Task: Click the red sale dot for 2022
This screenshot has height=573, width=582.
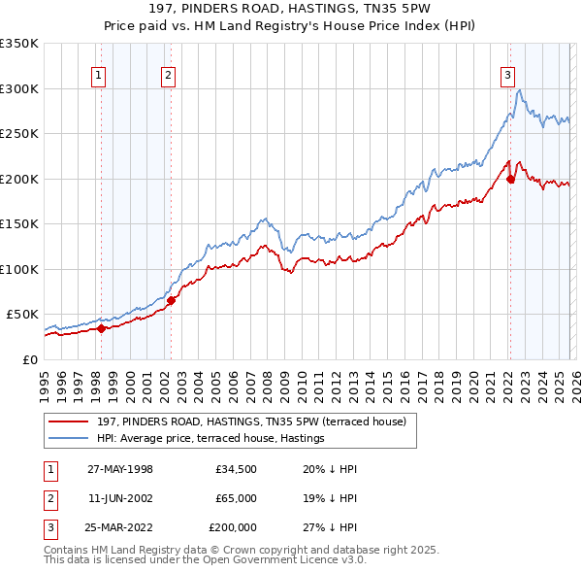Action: tap(510, 179)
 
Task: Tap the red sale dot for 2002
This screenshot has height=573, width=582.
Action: tap(171, 300)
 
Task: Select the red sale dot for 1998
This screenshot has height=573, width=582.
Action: tap(101, 328)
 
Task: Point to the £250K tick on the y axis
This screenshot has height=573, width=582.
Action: tap(19, 134)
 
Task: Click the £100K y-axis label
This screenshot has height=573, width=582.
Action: tap(19, 269)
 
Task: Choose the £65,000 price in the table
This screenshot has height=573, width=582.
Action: tap(236, 498)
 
